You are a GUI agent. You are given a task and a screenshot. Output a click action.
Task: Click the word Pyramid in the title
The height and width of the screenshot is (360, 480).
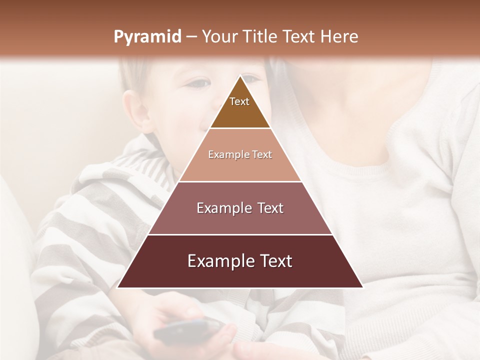(147, 37)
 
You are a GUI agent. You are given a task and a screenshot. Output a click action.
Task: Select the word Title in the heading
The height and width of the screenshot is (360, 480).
(260, 36)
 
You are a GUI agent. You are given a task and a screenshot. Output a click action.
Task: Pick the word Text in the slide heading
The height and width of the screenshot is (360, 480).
(300, 36)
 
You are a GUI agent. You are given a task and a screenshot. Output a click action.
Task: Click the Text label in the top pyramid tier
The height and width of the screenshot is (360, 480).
(239, 101)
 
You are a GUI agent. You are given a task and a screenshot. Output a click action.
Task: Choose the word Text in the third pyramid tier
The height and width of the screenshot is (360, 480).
(270, 208)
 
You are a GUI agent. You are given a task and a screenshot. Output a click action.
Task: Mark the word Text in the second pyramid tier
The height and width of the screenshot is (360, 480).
(262, 155)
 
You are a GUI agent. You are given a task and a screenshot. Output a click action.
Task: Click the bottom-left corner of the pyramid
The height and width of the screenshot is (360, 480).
(118, 287)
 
